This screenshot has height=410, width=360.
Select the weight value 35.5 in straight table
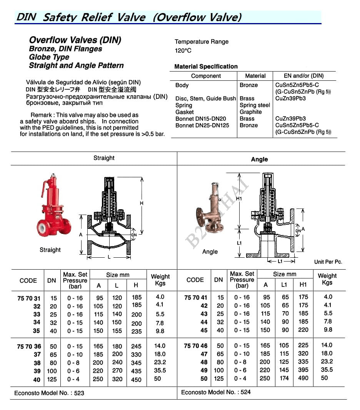[x=160, y=370]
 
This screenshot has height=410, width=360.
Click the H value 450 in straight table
[x=136, y=379]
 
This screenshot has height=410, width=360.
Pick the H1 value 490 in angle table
[x=303, y=378]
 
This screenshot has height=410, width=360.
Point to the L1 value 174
[x=284, y=378]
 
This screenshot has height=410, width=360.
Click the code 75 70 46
[x=196, y=346]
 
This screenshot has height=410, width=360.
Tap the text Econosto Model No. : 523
[x=49, y=393]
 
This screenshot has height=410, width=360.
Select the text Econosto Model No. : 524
[x=216, y=392]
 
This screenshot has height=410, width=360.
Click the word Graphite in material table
[x=250, y=112]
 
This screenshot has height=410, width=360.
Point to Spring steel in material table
[x=255, y=105]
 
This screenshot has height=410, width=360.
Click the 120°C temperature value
[x=183, y=50]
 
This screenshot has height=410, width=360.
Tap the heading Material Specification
[x=206, y=67]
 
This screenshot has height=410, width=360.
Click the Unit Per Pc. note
[x=328, y=262]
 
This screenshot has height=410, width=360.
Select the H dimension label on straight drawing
[x=141, y=203]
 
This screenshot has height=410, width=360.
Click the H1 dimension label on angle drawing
[x=239, y=199]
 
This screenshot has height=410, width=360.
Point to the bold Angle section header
[x=259, y=159]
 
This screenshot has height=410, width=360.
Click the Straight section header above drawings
[x=104, y=158]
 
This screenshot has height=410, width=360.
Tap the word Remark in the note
[x=41, y=115]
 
